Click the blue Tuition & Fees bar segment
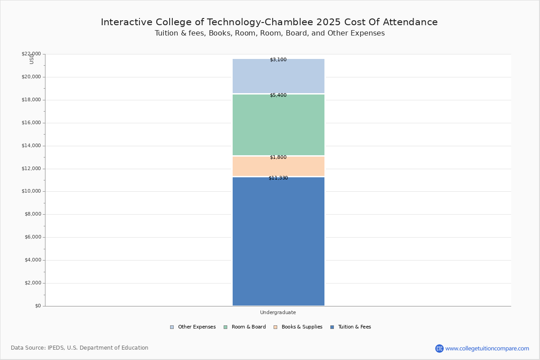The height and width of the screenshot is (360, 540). [x=278, y=243]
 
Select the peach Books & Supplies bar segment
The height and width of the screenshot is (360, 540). [x=278, y=167]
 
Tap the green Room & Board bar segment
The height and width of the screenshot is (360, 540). [x=278, y=126]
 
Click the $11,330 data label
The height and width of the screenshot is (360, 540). [x=278, y=178]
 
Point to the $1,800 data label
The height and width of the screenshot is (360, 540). [x=278, y=157]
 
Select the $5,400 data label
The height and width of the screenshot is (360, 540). [x=278, y=95]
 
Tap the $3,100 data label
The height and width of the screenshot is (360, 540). [x=278, y=60]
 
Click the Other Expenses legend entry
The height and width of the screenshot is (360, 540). [x=193, y=327]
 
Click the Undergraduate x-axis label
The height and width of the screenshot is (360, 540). [x=278, y=313]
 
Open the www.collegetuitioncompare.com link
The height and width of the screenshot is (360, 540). [x=487, y=348]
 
